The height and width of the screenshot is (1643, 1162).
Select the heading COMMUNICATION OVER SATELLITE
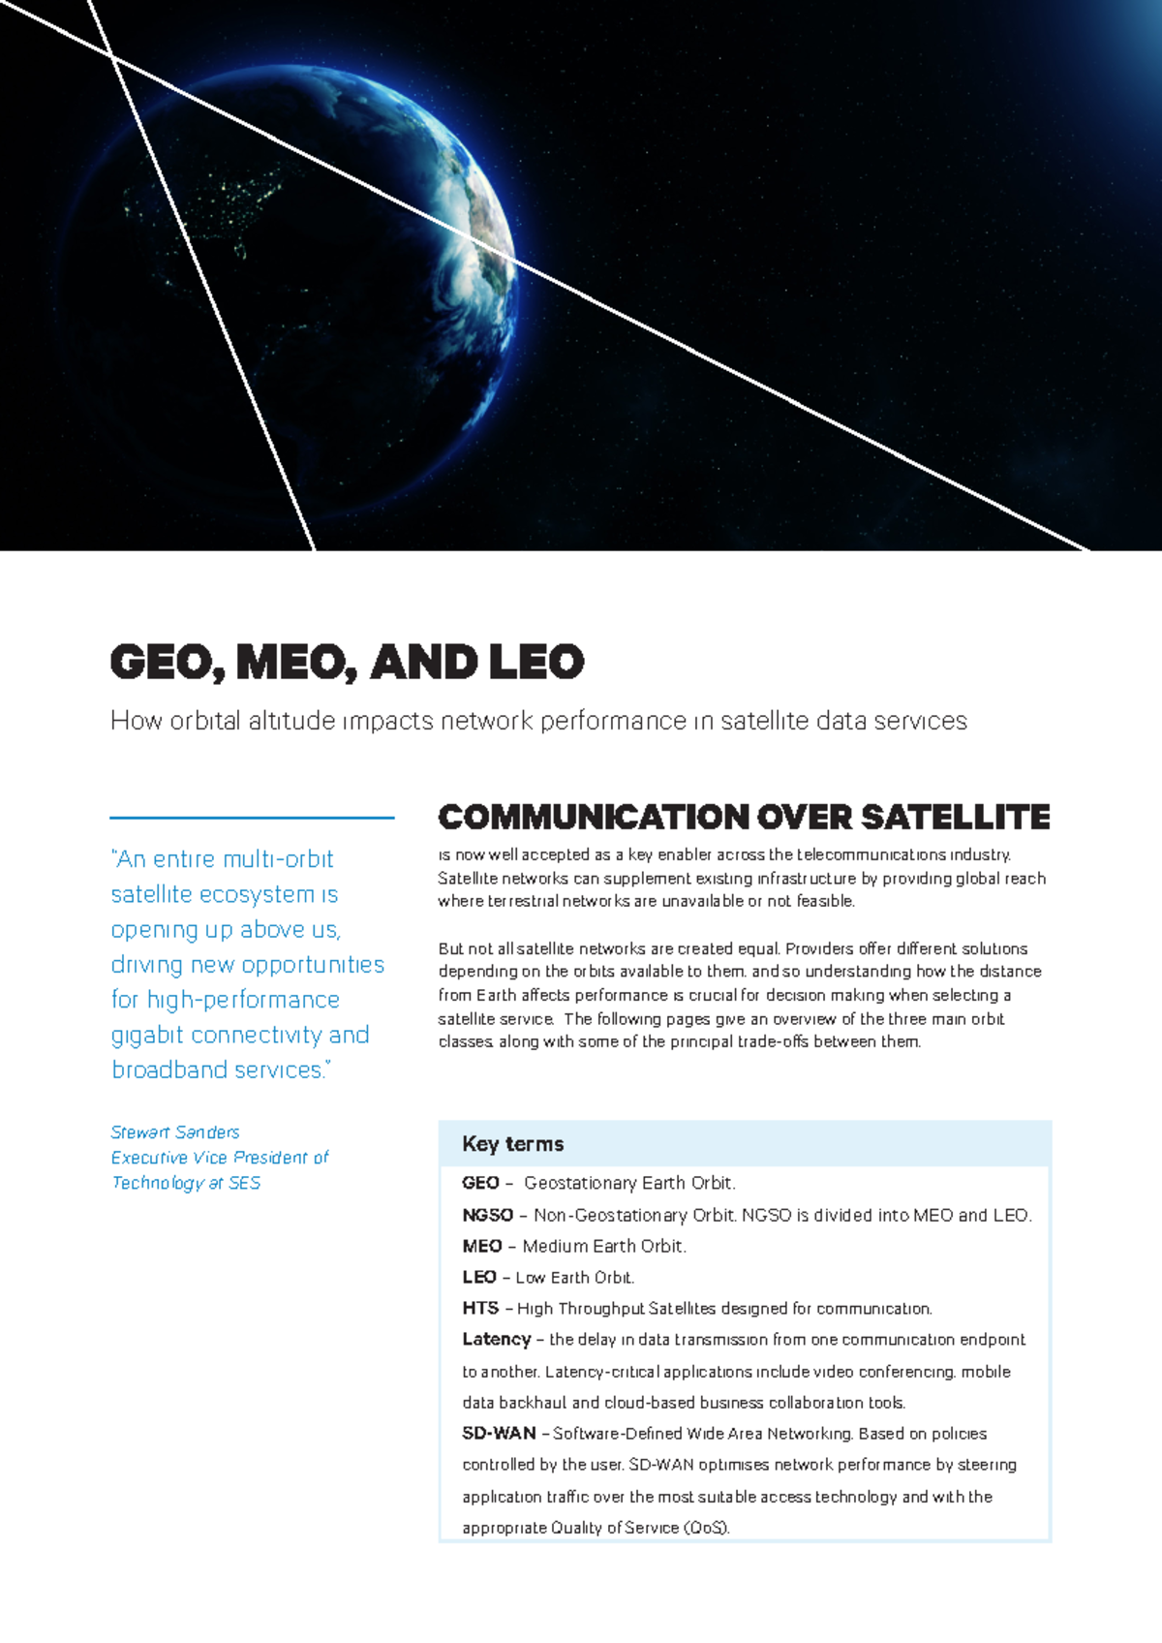pos(744,818)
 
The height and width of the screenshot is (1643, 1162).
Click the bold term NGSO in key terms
pos(487,1215)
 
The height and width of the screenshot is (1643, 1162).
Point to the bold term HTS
pos(480,1309)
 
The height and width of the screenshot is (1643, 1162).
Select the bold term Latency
pos(496,1340)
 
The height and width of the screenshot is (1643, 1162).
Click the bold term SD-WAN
pos(499,1434)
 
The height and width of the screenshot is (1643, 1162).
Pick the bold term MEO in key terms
pos(481,1247)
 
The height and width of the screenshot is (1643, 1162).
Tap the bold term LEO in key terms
pos(479,1278)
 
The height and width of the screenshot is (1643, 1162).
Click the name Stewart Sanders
pos(175,1132)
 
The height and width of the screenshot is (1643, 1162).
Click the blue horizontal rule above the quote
pos(252,818)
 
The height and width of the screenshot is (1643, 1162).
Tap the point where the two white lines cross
pos(113,57)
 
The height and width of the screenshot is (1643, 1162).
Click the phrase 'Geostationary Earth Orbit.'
pos(629,1183)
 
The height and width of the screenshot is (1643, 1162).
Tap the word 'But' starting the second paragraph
pos(450,949)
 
